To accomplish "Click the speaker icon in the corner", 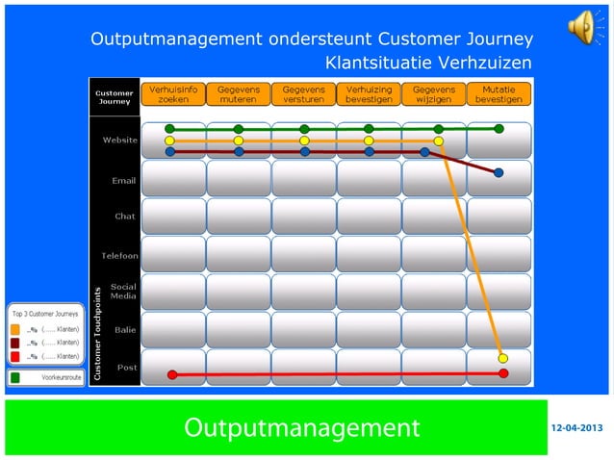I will pos(582,27).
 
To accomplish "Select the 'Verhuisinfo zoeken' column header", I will pos(173,93).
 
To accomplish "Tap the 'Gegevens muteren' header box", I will pos(238,93).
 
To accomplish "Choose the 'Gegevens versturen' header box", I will pos(303,93).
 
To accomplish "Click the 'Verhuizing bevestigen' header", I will pos(369,93).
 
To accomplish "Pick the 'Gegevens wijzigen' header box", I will pos(433,93).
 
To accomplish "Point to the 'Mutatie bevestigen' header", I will pos(499,93).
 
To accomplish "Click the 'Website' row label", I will pos(120,141).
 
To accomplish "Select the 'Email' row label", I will pos(124,179).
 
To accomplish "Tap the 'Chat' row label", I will pos(125,217).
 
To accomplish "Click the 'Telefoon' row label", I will pos(120,255).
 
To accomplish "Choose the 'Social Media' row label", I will pos(122,292).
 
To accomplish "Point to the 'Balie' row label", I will pos(124,329).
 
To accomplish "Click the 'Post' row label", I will pos(126,367).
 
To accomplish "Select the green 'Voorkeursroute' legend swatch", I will pos(15,378).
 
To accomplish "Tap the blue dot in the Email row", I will pos(499,173).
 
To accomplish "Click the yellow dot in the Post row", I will pos(503,359).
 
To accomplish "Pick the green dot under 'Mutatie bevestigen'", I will pos(499,128).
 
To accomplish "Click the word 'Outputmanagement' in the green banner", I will pos(301,427).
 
